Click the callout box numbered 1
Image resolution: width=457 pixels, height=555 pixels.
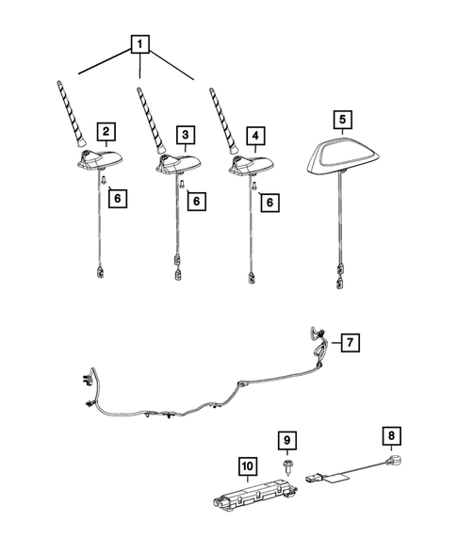[139, 43]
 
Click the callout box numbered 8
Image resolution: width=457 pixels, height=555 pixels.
[389, 437]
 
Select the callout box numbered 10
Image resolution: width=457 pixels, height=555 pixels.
[247, 465]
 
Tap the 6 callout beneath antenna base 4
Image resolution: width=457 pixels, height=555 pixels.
[270, 202]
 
